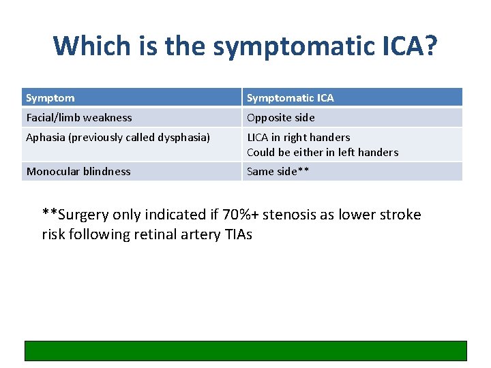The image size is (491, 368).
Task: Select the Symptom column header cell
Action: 50,98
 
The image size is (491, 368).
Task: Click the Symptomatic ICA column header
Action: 291,98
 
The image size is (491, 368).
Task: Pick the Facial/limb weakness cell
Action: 79,118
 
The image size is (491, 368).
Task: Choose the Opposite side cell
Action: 276,118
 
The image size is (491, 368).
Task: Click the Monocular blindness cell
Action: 78,172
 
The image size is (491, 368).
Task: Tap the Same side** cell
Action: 278,172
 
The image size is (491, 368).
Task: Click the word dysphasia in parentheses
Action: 182,138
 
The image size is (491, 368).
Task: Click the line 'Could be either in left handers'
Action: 323,153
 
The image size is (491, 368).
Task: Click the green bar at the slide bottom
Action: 245,350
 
